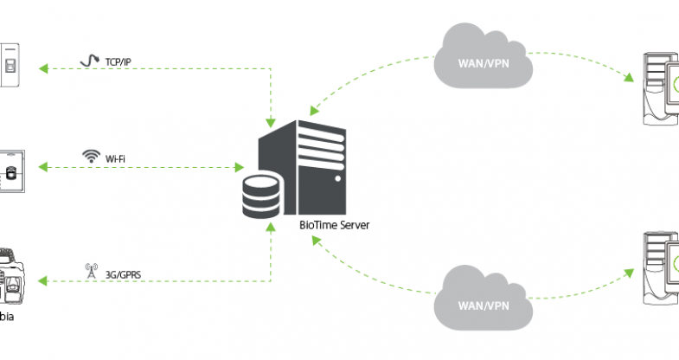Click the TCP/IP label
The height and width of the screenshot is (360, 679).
coord(118,63)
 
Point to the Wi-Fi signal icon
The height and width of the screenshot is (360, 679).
coord(90,157)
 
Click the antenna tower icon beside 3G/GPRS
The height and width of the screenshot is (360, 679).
coord(89,271)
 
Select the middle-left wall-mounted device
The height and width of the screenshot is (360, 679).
coord(12,172)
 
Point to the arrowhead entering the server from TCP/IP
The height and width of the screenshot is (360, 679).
coord(272,120)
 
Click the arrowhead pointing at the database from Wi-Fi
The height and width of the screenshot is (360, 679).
coord(240,164)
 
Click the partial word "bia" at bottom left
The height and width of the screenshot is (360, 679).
coord(6,318)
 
